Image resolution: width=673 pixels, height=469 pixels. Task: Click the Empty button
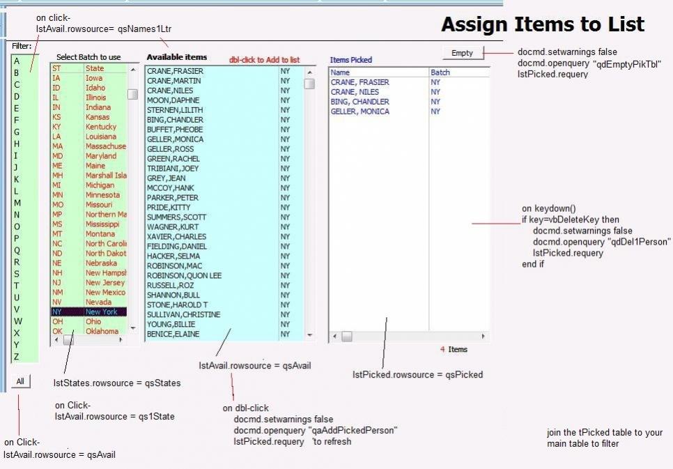462,53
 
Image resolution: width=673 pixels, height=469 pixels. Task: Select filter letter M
17,203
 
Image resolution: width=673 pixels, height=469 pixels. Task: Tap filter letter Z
17,357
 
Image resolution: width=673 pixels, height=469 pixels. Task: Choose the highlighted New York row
88,312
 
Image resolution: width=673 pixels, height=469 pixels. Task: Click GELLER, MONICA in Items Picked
359,112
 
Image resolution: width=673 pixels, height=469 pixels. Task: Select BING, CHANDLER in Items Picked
360,102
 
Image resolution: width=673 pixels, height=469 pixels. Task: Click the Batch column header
440,72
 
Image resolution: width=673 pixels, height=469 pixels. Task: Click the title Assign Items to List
542,25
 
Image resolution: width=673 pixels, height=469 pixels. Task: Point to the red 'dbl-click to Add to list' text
264,60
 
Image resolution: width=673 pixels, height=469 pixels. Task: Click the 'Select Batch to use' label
88,57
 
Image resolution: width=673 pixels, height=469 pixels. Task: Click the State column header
95,68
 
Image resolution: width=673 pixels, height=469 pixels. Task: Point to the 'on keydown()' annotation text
549,208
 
